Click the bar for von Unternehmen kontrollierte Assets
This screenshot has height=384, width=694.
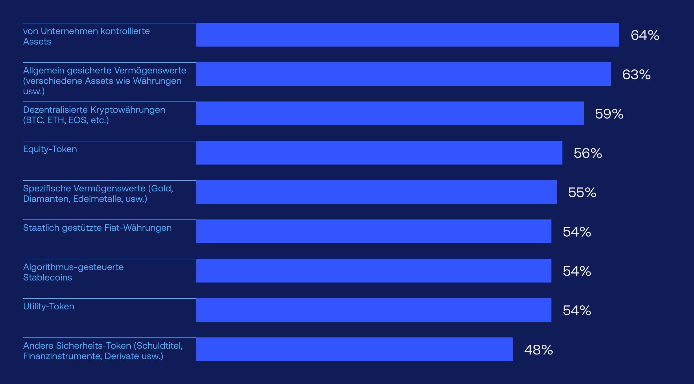[407, 35]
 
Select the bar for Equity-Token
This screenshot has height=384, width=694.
[379, 153]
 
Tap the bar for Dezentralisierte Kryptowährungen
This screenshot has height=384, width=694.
[390, 113]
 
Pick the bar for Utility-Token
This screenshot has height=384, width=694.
[374, 310]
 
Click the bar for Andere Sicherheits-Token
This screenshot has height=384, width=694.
[354, 349]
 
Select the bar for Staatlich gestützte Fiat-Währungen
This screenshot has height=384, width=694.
[374, 231]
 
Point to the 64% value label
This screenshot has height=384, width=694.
[645, 35]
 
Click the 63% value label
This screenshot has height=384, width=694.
[636, 75]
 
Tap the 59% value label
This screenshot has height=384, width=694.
[609, 114]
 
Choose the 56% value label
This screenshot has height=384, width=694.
[588, 153]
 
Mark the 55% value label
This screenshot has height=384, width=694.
[582, 193]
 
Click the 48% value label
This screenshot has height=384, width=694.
[538, 350]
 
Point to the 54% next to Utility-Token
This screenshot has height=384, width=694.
[577, 311]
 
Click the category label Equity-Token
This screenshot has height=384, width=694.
[50, 149]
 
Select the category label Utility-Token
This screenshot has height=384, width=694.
[49, 307]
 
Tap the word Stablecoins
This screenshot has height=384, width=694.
[47, 278]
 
